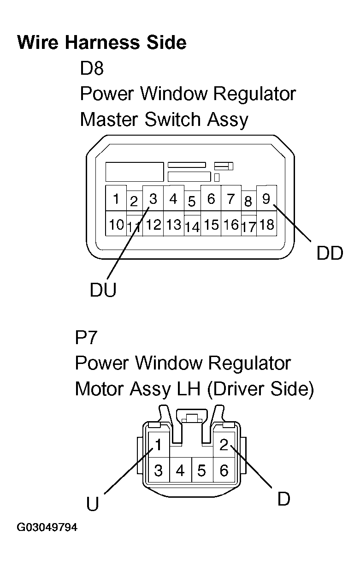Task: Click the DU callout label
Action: click(x=103, y=290)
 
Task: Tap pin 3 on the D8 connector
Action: click(x=153, y=199)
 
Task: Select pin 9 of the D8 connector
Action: click(x=266, y=199)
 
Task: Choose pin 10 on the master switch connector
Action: click(x=116, y=225)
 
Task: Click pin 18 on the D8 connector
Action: click(x=266, y=225)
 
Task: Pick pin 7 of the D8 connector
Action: click(x=230, y=199)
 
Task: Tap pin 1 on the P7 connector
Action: click(x=158, y=446)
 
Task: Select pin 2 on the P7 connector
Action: click(x=224, y=445)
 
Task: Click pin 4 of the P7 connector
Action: click(x=180, y=471)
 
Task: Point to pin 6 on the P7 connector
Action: click(x=224, y=471)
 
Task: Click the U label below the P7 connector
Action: click(x=93, y=504)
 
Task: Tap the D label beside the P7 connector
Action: click(x=283, y=499)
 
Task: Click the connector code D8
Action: click(x=92, y=69)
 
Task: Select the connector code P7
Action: click(x=86, y=338)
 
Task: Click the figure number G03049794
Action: click(x=47, y=527)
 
